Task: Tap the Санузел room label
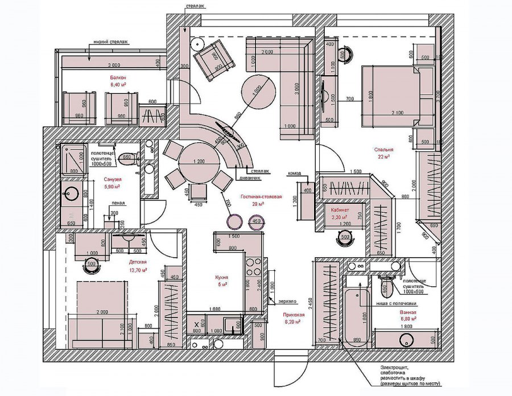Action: tap(112, 179)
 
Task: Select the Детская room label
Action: tap(138, 262)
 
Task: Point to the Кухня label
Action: tap(221, 277)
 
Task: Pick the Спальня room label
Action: tap(384, 150)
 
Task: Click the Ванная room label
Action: tap(407, 312)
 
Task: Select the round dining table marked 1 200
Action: tap(199, 162)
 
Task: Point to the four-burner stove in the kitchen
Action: tap(253, 268)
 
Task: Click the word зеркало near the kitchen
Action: tap(288, 301)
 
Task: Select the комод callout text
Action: tap(295, 173)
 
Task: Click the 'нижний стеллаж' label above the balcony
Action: tap(112, 42)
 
